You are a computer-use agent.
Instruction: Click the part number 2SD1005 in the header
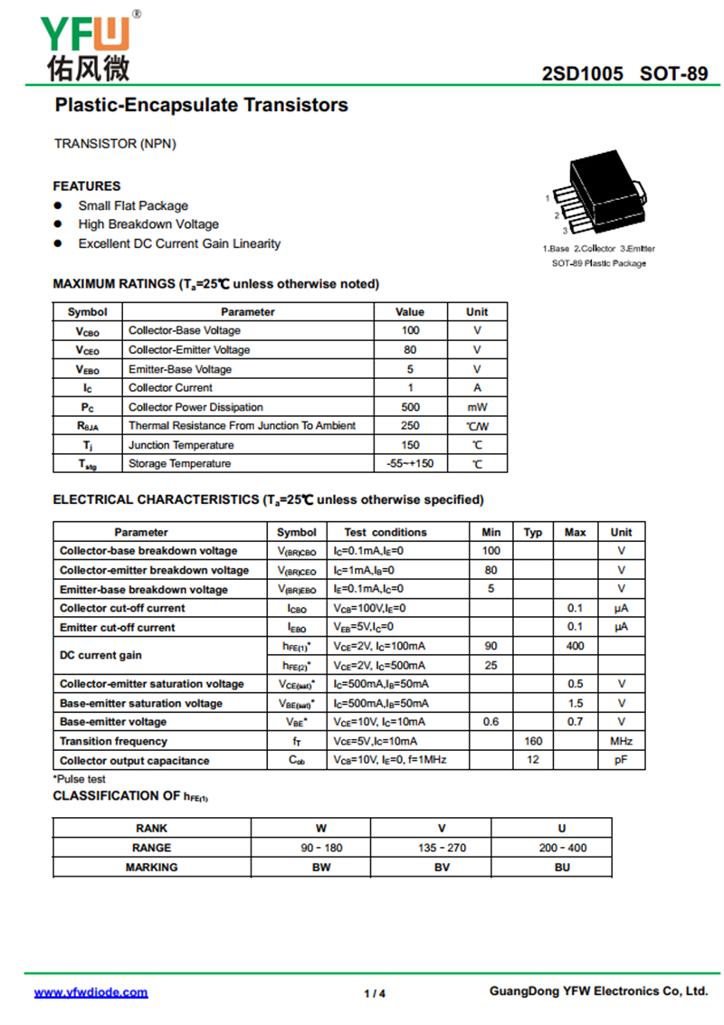point(583,73)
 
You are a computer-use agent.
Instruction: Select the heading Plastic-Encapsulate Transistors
point(201,105)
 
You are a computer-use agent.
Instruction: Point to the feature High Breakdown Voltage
point(148,224)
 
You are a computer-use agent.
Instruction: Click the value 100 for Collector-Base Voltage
point(410,330)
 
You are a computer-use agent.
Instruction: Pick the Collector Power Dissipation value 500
point(410,407)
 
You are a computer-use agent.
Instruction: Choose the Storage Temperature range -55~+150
point(410,463)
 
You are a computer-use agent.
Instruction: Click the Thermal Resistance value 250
point(410,425)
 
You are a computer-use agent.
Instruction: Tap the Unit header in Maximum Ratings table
point(477,311)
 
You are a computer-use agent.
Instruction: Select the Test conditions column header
point(385,532)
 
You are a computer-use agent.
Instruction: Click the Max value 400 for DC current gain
point(575,646)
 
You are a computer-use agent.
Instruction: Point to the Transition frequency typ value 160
point(533,741)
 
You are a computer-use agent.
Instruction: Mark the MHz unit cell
point(621,741)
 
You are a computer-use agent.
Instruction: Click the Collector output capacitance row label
point(134,761)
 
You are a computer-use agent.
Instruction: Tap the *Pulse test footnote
point(79,779)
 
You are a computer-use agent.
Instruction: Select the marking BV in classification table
point(442,867)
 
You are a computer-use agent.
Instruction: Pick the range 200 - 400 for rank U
point(562,848)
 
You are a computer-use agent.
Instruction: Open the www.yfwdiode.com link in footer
point(90,992)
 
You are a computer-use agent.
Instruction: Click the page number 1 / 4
point(375,993)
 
